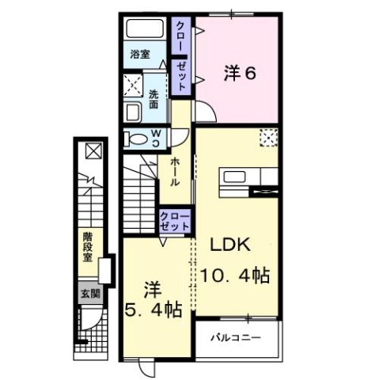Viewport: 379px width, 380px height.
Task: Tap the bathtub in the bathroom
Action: coord(146,32)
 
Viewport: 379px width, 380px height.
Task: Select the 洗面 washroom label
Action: coord(153,98)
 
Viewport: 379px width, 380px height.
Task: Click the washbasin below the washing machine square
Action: coord(133,112)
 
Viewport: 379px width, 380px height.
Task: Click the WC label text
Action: coord(157,138)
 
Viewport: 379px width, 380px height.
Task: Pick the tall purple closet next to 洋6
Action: coord(180,56)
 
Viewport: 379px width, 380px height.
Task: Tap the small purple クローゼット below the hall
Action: coord(174,221)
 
